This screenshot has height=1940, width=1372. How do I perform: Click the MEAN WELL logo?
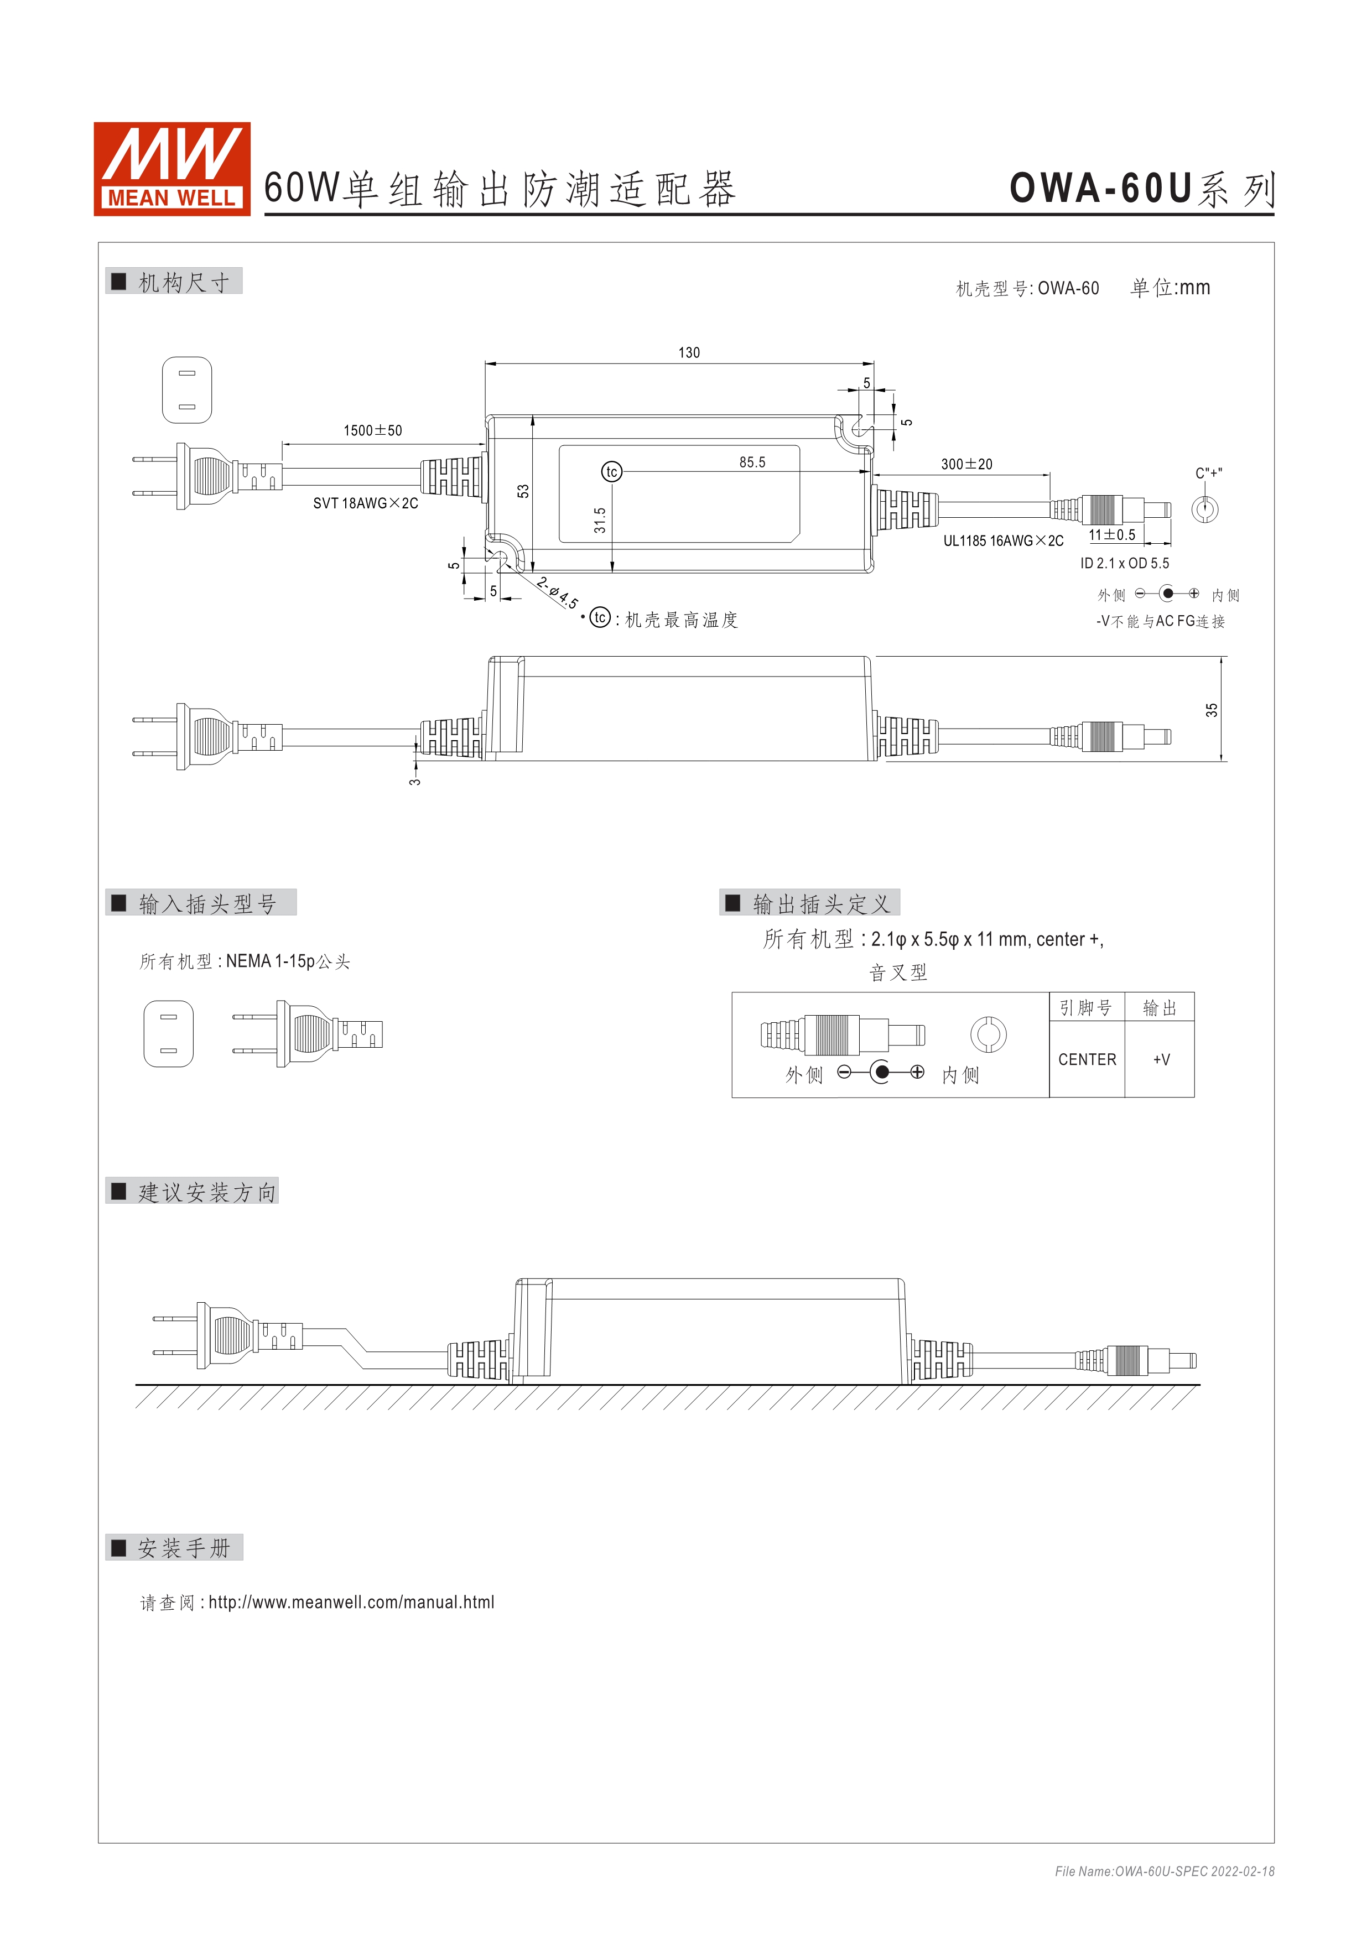click(171, 169)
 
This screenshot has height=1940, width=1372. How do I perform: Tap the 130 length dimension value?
click(689, 353)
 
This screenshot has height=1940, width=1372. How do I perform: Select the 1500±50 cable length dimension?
click(372, 431)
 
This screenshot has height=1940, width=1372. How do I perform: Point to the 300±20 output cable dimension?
click(966, 465)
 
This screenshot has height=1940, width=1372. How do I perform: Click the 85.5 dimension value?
click(752, 462)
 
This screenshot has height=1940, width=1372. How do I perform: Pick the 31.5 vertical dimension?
click(600, 519)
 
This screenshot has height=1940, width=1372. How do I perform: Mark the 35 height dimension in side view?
click(1212, 710)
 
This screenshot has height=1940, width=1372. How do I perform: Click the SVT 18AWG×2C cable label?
click(365, 503)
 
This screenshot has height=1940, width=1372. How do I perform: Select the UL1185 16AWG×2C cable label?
click(1003, 541)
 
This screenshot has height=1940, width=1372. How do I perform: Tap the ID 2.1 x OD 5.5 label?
click(1125, 564)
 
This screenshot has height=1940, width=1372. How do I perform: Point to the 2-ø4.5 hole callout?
click(558, 592)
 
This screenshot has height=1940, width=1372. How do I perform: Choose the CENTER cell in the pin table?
click(1087, 1059)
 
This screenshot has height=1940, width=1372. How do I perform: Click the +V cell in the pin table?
click(1161, 1059)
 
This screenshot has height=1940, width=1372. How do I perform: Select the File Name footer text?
click(1164, 1871)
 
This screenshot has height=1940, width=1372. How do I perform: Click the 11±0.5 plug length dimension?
click(1112, 535)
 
